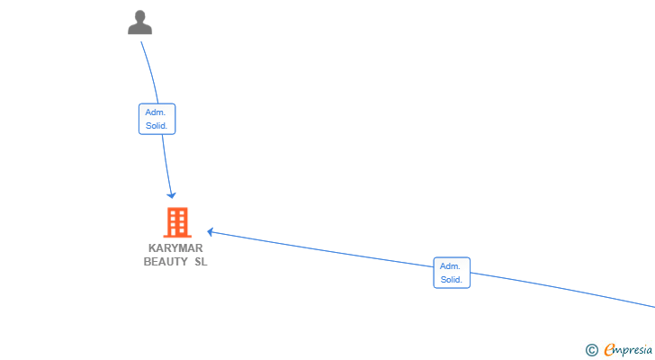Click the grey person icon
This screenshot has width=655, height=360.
coord(140,22)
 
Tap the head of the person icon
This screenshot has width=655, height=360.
coord(140,17)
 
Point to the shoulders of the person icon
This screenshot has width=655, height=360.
coord(140,29)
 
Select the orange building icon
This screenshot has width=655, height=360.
coord(177,222)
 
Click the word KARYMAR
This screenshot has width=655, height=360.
coord(175,248)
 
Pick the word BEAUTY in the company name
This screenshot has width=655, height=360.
coord(166,262)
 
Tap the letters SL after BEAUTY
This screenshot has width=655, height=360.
coord(201,262)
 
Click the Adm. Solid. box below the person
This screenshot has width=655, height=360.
coord(157,119)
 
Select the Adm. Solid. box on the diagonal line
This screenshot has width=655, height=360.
coord(452,273)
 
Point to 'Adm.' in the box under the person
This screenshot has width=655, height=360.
coord(156,112)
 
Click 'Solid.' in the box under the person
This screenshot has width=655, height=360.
coord(157,126)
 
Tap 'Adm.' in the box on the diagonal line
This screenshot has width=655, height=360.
coord(450,266)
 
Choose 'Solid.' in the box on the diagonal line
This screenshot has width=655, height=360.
coord(451,279)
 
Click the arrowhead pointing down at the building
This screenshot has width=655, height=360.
coord(171,195)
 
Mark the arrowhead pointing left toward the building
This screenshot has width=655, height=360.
coord(211,232)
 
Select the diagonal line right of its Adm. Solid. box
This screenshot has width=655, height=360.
coord(562,291)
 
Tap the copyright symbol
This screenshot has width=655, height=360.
coord(591,350)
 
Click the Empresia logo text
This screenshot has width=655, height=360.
coord(628,349)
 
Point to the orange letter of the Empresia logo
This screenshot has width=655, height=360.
coord(609,350)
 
